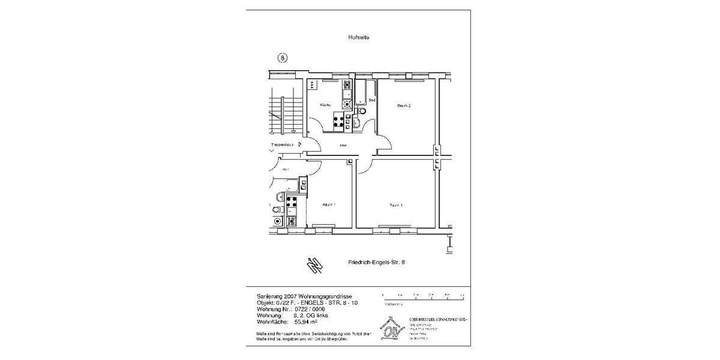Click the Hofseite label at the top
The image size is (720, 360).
click(x=359, y=37)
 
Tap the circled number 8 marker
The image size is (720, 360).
click(x=283, y=58)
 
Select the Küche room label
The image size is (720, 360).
click(x=325, y=105)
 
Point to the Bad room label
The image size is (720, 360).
click(x=371, y=100)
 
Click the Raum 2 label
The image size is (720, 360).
click(x=404, y=106)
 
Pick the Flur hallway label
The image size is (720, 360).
click(x=343, y=145)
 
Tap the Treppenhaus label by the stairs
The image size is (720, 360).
click(x=281, y=145)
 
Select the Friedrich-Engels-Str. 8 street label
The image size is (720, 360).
click(x=381, y=263)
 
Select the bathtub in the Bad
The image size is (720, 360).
click(x=360, y=91)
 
